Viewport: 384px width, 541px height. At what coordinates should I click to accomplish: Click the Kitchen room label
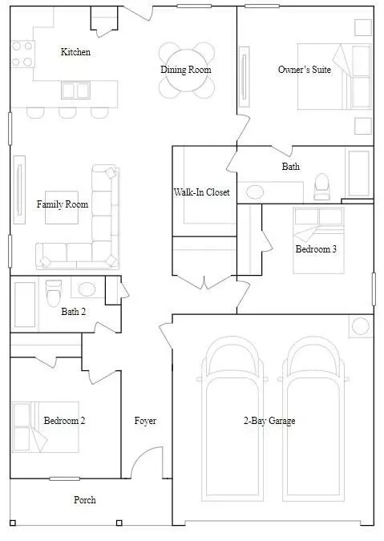[x=75, y=52]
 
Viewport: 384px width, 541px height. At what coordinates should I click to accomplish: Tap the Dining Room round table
[x=186, y=71]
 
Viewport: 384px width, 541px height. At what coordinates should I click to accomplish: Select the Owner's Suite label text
[x=305, y=70]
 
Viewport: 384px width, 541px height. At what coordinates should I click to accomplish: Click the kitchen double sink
[x=75, y=91]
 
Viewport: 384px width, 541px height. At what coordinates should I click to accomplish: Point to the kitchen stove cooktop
[x=22, y=54]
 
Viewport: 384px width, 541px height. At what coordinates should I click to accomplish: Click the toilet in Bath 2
[x=54, y=293]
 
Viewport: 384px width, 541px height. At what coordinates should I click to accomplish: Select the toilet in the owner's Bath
[x=321, y=186]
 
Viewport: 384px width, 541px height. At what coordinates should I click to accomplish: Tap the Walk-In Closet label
[x=201, y=192]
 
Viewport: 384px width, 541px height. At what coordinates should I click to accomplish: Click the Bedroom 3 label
[x=316, y=248]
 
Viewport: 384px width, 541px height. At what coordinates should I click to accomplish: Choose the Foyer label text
[x=145, y=421]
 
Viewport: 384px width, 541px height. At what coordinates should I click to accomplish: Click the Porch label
[x=85, y=499]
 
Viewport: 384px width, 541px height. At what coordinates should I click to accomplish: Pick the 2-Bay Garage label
[x=269, y=421]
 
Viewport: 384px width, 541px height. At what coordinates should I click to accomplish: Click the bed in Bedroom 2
[x=46, y=427]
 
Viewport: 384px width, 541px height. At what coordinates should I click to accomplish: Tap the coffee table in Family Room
[x=62, y=208]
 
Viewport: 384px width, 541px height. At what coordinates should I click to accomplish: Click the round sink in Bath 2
[x=87, y=289]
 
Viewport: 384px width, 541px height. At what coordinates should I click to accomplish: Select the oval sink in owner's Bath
[x=255, y=192]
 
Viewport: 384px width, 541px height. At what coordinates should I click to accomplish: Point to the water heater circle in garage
[x=361, y=326]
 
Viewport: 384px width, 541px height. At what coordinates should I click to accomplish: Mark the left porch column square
[x=13, y=523]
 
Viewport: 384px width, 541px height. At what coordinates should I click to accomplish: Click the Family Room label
[x=63, y=204]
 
